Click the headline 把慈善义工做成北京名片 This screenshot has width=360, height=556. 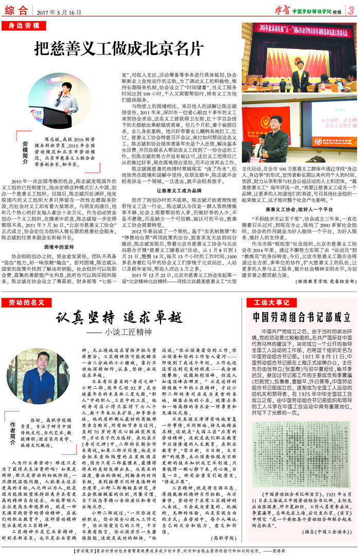[x=116, y=48]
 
